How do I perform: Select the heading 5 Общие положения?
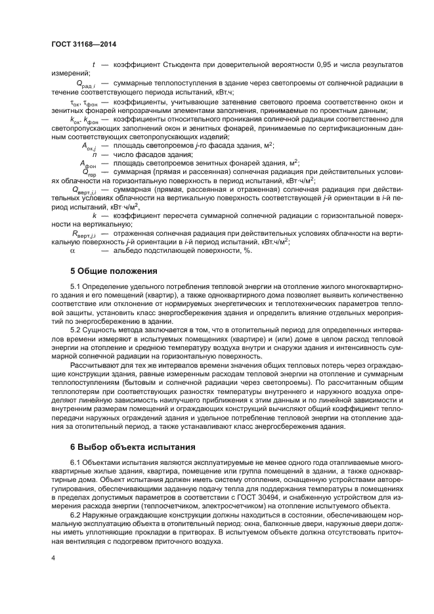coord(114,271)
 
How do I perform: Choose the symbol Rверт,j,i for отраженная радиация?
coord(83,234)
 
